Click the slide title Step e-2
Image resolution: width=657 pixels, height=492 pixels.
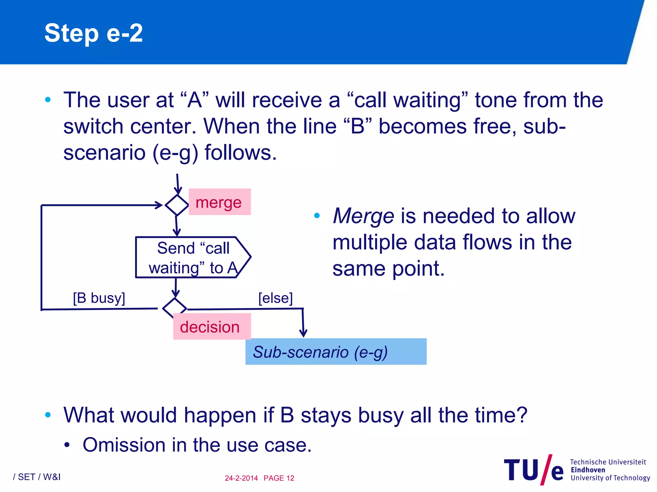(x=93, y=33)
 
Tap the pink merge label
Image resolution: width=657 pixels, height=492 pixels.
(x=219, y=202)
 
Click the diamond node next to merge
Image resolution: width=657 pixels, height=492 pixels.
(x=176, y=205)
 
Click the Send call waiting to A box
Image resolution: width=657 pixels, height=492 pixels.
(x=192, y=258)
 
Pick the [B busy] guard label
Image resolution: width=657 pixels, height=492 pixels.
(x=99, y=298)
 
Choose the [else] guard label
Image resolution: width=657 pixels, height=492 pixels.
(x=275, y=298)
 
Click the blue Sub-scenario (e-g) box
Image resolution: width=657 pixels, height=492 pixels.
(x=336, y=352)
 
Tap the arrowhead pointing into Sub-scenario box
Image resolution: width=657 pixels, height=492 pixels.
(x=303, y=333)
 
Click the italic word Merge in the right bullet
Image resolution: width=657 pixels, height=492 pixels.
(x=363, y=216)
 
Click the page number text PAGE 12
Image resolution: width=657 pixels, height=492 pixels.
(x=279, y=478)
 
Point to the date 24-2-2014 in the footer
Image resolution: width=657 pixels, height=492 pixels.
(x=241, y=478)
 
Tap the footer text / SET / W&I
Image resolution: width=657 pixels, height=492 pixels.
(x=37, y=477)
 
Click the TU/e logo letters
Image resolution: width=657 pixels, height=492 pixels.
(x=533, y=470)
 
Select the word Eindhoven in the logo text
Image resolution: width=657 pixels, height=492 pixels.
(x=588, y=470)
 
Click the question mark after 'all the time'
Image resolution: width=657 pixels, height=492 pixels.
(x=522, y=415)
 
